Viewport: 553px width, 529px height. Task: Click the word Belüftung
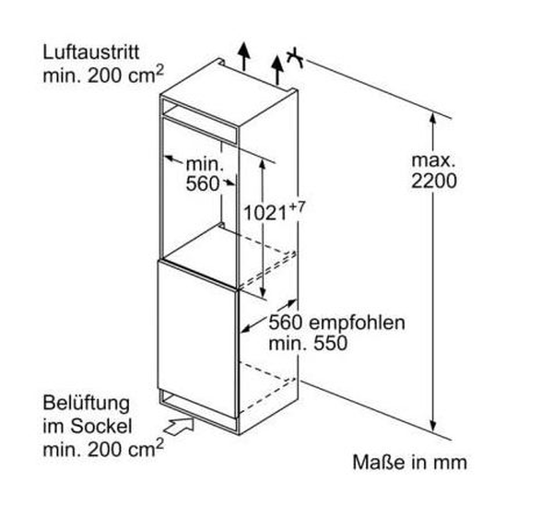[x=86, y=405]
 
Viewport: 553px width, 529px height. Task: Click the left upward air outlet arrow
[x=243, y=55]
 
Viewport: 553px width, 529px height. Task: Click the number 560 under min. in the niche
[x=202, y=182]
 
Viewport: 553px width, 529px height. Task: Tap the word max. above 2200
[x=434, y=160]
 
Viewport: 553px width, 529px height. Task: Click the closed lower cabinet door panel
[x=198, y=336]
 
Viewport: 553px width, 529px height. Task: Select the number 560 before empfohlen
[x=288, y=324]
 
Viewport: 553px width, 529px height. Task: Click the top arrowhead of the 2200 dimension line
[x=434, y=115]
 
